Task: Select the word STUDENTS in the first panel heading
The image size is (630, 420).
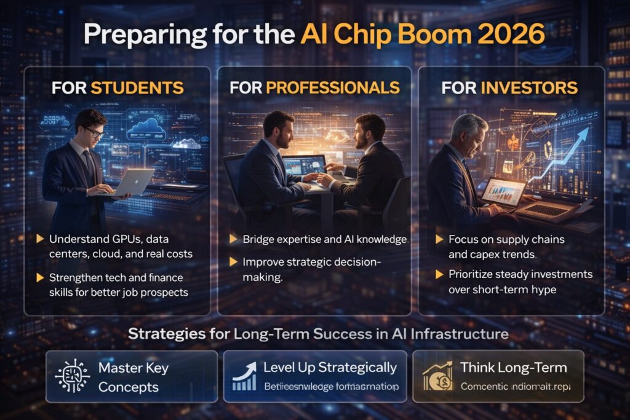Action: [x=137, y=87]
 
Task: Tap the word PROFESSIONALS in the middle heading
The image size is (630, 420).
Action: [x=332, y=87]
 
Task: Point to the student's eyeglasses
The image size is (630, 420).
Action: [x=94, y=131]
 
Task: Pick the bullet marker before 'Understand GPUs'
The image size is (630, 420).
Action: [x=41, y=238]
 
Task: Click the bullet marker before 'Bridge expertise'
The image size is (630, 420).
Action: [x=233, y=238]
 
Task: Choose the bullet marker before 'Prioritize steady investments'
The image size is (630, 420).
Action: [x=439, y=274]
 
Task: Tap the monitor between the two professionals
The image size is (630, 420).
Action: [x=303, y=165]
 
